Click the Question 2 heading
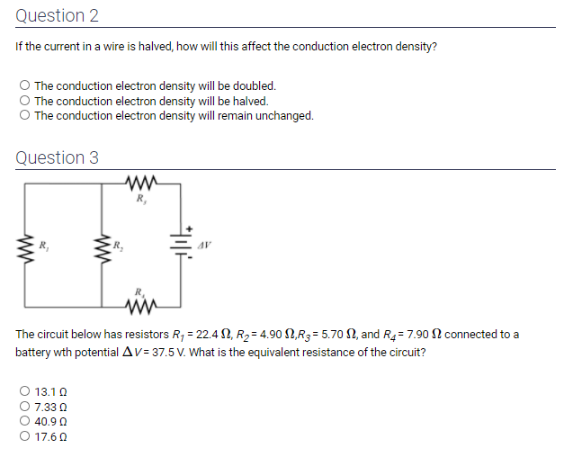click(x=57, y=16)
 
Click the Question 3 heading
click(x=57, y=157)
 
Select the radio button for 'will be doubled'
click(x=24, y=86)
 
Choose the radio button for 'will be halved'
click(x=24, y=101)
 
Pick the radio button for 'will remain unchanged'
click(x=24, y=115)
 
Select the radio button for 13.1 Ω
click(x=24, y=392)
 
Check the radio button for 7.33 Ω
click(x=24, y=407)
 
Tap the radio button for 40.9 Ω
click(x=24, y=421)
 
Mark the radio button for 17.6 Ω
click(x=24, y=435)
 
